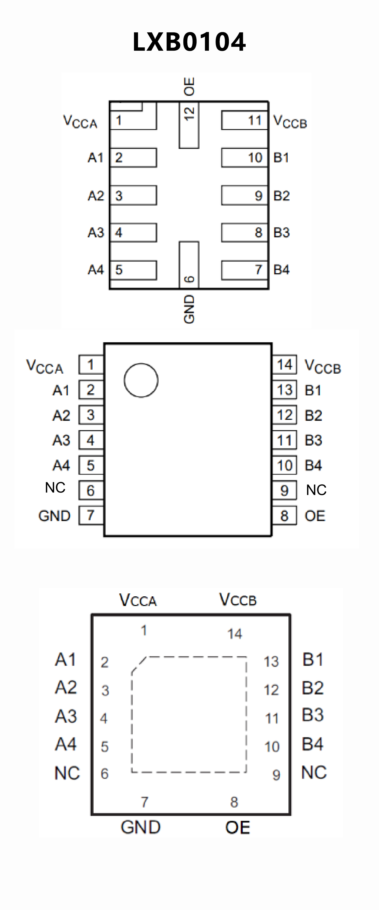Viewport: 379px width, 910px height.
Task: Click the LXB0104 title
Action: point(189,42)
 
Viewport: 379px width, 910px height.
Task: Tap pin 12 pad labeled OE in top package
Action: point(189,125)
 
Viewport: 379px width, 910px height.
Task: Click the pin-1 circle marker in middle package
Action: point(141,380)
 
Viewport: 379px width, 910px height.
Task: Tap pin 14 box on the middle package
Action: point(284,364)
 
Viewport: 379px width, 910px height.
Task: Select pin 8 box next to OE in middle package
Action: point(284,516)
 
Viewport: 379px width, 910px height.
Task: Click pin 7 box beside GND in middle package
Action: point(91,515)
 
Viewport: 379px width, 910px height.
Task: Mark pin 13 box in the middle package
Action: point(284,390)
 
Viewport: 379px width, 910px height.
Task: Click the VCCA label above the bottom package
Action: point(138,600)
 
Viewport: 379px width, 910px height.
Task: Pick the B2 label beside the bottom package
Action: point(313,688)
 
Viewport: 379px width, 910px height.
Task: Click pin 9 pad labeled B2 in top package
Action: point(244,195)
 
